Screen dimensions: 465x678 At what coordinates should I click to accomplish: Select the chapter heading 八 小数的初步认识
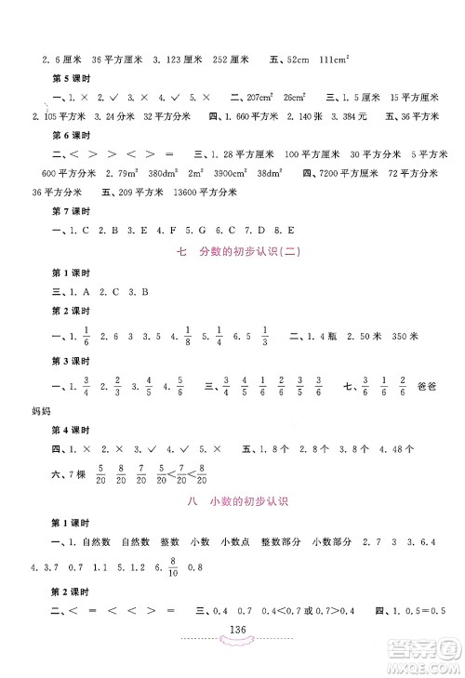tap(232, 502)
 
